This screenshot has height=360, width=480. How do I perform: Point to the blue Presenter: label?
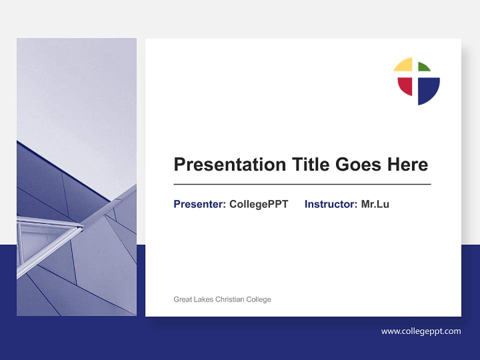[199, 204]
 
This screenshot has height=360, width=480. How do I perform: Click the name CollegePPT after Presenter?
[258, 204]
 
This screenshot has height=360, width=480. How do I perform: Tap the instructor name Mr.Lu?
[375, 204]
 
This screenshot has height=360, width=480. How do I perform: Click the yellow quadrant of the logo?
[404, 65]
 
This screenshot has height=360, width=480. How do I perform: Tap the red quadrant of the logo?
[405, 86]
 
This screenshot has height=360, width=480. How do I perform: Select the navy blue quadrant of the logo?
[427, 89]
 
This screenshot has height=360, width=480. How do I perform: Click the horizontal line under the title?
[302, 184]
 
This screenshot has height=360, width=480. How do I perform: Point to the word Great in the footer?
[182, 299]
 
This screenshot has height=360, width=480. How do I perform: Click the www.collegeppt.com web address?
[421, 331]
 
